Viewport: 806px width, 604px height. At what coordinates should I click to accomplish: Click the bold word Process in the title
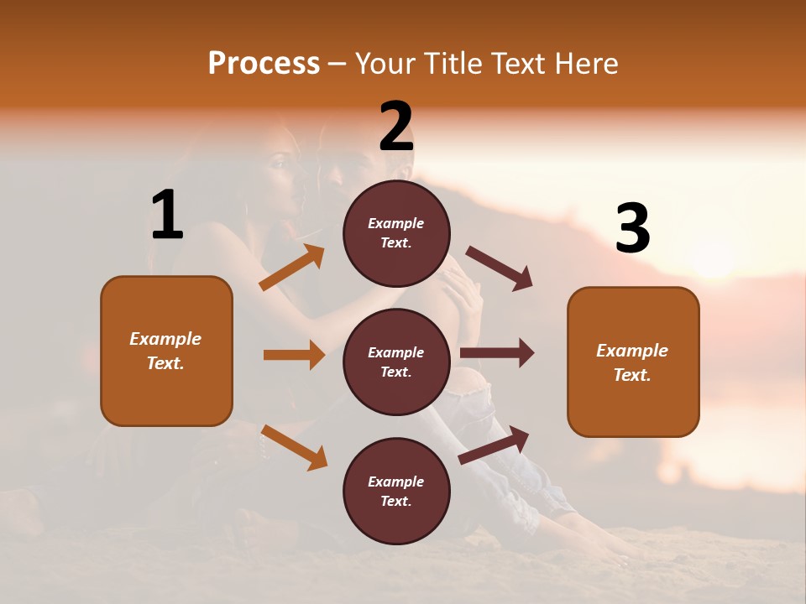264,64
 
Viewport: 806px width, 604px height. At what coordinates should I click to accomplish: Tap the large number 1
167,215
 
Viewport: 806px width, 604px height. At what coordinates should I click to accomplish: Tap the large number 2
395,128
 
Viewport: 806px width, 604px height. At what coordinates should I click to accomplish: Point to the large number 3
632,228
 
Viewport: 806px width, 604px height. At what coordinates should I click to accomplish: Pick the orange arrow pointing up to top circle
292,268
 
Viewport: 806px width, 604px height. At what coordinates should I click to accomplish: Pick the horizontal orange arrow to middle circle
294,355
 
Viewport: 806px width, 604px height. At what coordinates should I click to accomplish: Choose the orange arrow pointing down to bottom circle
294,448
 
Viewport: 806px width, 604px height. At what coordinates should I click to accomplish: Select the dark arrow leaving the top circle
500,268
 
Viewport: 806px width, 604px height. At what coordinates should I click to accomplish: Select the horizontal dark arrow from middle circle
497,352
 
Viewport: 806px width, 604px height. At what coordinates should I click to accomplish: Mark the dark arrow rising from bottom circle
495,445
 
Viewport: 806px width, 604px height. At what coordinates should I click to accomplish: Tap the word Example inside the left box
165,339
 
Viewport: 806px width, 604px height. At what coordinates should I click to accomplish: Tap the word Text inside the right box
632,375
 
